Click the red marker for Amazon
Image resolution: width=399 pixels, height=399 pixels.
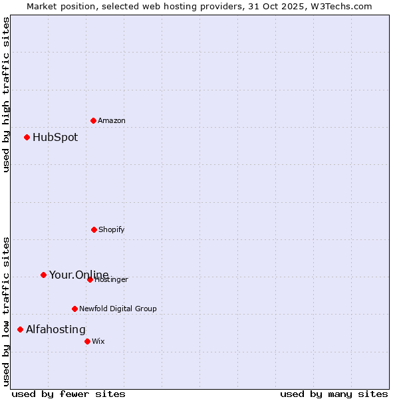(x=93, y=120)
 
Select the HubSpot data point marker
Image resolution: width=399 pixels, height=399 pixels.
(x=27, y=138)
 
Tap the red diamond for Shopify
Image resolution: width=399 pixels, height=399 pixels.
(x=94, y=229)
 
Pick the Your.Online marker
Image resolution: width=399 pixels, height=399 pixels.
(x=43, y=275)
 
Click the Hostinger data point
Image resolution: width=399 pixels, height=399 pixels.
(x=90, y=279)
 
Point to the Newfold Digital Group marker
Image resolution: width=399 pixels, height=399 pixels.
(x=74, y=309)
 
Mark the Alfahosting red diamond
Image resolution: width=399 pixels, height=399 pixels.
(x=20, y=329)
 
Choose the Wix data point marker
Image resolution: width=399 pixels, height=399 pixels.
(x=87, y=341)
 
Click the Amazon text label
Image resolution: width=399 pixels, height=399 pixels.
(x=112, y=121)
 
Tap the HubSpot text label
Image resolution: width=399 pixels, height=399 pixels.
(x=55, y=138)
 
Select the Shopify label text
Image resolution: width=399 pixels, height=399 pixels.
(x=112, y=230)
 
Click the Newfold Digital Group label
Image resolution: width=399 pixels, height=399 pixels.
(x=118, y=309)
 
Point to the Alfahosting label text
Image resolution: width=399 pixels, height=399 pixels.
(x=56, y=330)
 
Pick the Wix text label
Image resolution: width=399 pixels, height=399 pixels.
(x=98, y=342)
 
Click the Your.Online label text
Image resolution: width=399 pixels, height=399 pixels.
(x=78, y=275)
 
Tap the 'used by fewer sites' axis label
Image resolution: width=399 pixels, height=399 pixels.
(x=68, y=394)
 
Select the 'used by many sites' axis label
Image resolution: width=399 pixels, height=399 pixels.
(x=334, y=394)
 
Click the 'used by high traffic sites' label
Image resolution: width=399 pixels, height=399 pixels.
(x=7, y=94)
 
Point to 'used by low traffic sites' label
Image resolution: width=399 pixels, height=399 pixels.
(x=7, y=311)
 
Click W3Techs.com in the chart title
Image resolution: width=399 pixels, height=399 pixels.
(x=342, y=6)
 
